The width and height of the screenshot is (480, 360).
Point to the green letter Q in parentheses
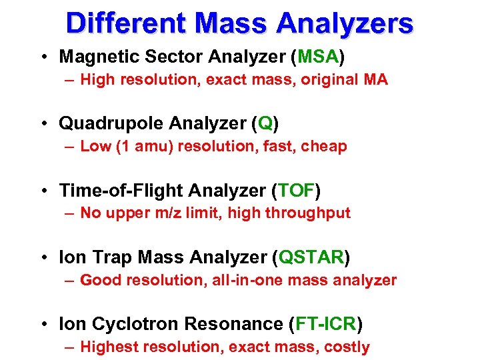point(265,123)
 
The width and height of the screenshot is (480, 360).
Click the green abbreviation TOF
point(296,191)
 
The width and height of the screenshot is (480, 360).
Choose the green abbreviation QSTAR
point(313,257)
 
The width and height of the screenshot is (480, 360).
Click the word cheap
point(325,147)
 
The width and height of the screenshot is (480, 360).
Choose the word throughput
point(313,213)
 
